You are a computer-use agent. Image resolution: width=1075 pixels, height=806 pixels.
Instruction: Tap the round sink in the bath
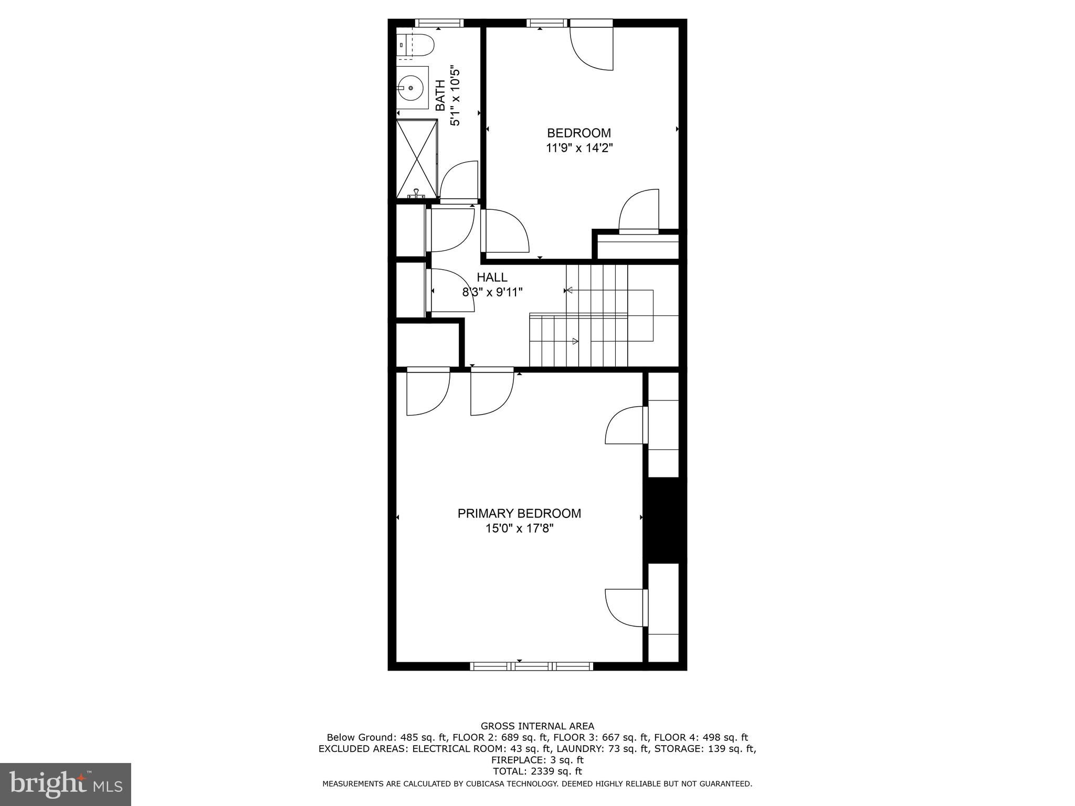411,88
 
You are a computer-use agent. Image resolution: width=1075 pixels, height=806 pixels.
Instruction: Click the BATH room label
440,95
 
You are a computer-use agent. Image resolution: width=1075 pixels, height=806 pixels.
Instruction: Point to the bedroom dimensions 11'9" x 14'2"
579,149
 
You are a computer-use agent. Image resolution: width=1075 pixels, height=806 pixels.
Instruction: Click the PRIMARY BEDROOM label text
519,513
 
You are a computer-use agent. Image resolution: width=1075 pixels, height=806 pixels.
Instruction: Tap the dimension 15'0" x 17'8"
519,528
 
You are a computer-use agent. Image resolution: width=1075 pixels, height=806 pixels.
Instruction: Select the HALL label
492,277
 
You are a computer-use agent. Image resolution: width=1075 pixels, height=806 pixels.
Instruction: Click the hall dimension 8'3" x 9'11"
492,292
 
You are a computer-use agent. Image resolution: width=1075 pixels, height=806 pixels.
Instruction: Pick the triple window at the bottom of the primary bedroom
531,666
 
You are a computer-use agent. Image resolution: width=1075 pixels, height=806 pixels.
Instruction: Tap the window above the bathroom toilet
439,23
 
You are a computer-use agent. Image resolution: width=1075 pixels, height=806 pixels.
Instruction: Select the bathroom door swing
459,182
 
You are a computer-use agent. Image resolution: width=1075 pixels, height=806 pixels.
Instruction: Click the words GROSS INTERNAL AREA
537,726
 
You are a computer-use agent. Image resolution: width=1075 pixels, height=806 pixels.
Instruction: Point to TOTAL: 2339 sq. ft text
537,771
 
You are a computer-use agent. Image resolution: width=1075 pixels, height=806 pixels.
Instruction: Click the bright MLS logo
65,784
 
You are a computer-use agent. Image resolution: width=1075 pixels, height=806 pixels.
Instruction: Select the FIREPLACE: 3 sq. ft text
537,760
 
